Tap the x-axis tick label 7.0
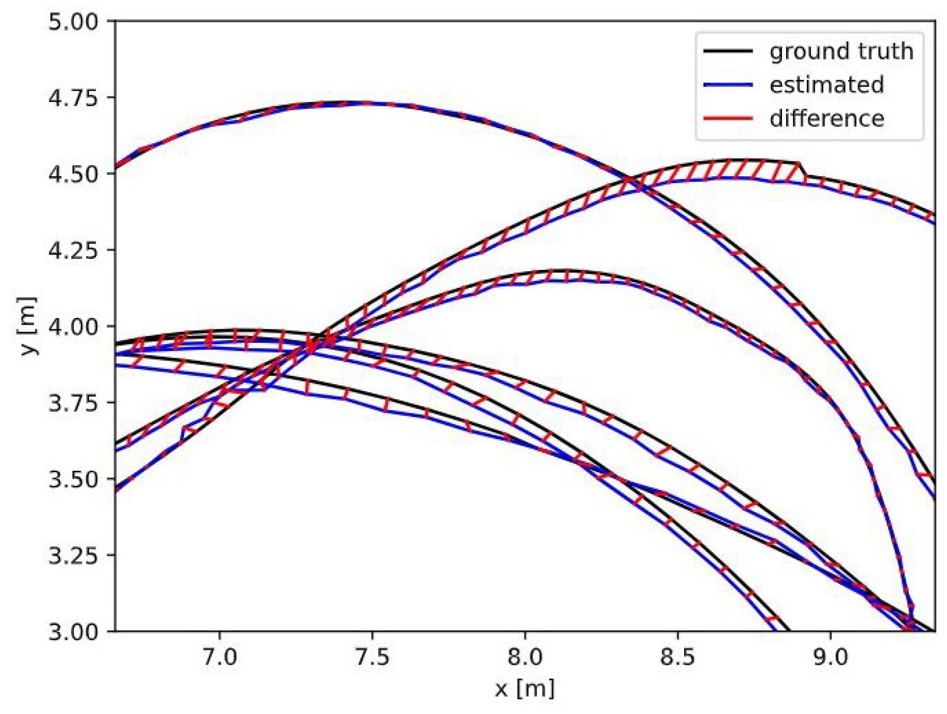pyautogui.click(x=220, y=657)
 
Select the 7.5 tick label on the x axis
pyautogui.click(x=372, y=657)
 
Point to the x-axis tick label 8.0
pyautogui.click(x=525, y=657)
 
